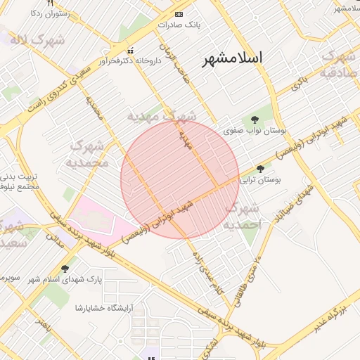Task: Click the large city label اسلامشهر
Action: click(231, 59)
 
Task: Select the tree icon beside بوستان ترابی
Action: click(261, 169)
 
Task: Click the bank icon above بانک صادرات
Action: click(179, 14)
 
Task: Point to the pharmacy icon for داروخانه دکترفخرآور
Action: click(130, 51)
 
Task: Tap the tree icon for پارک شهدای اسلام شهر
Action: click(65, 269)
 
